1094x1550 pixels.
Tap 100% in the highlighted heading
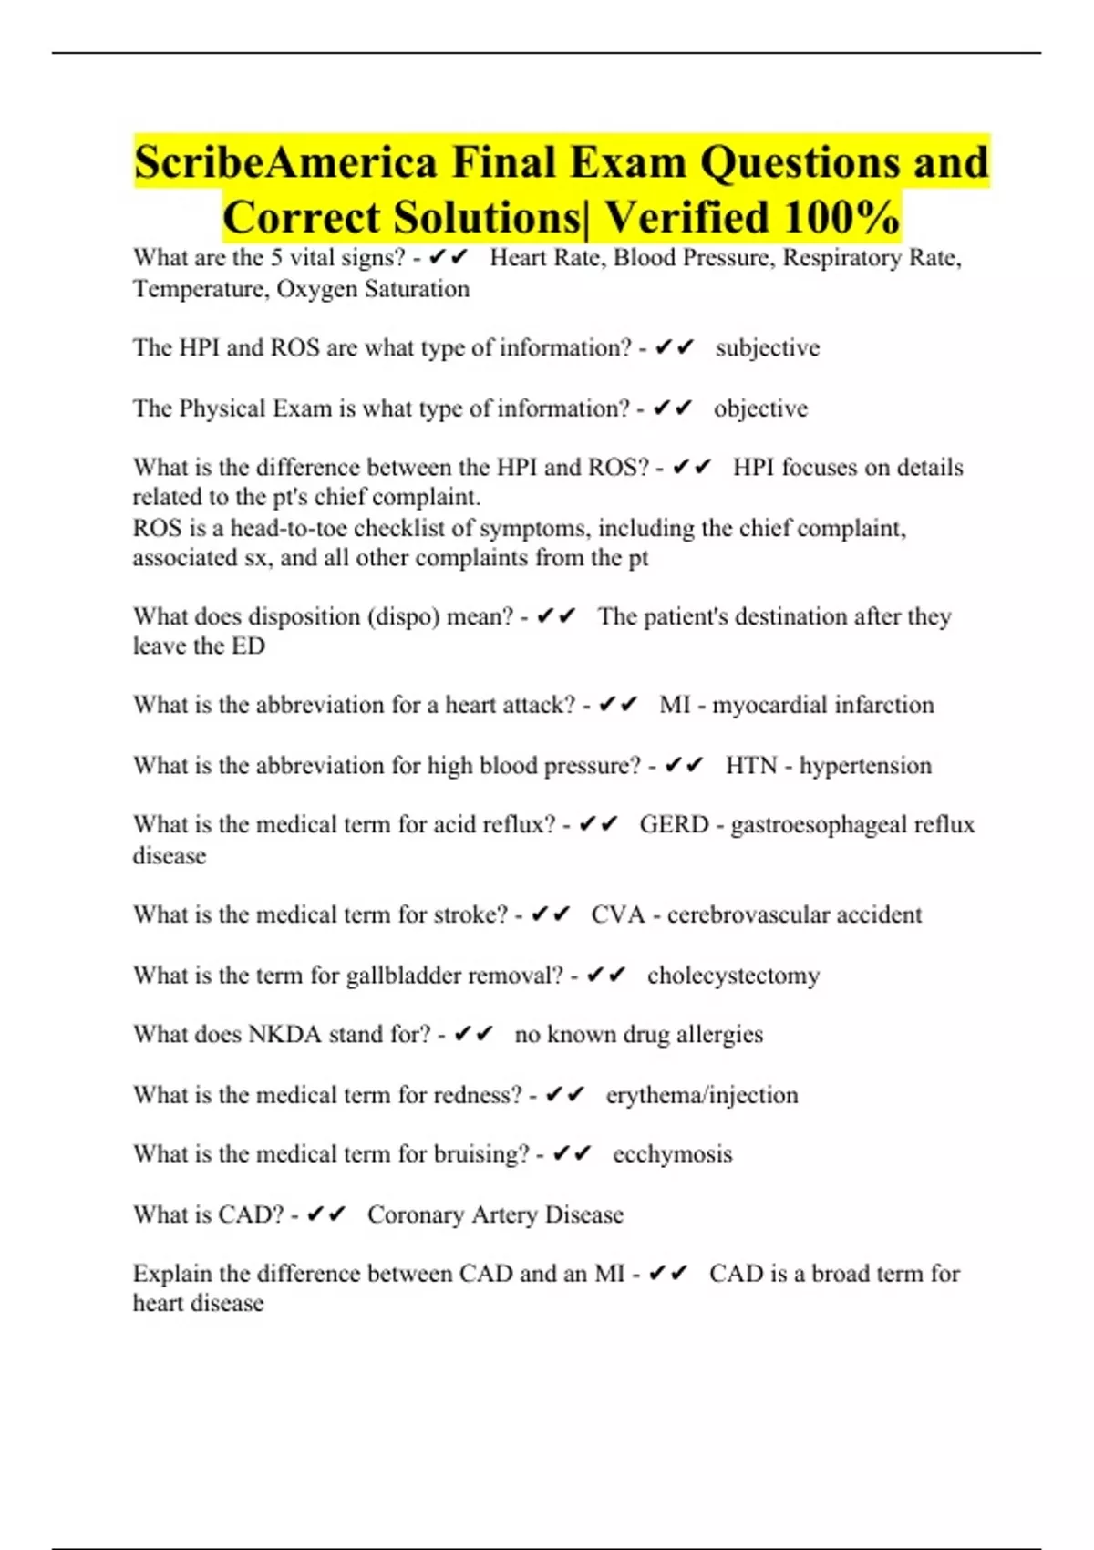[x=841, y=217]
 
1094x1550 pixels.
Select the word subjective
[x=767, y=347]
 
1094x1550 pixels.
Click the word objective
[x=760, y=408]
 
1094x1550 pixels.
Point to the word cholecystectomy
[x=733, y=976]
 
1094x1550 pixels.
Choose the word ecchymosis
[x=672, y=1154]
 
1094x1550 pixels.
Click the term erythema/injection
[x=701, y=1094]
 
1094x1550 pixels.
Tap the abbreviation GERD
[x=674, y=824]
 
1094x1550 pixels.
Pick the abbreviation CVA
[x=617, y=914]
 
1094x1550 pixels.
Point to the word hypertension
[x=865, y=765]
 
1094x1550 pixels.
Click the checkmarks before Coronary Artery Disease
[x=325, y=1214]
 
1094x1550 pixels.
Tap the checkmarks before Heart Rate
[x=448, y=258]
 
